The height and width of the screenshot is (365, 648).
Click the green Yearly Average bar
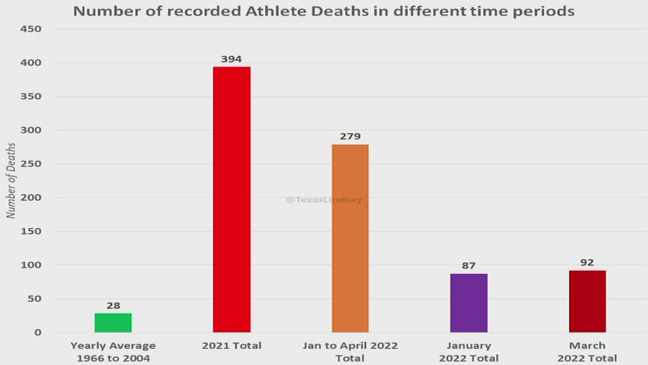coord(113,322)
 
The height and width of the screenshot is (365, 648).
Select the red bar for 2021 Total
coord(232,199)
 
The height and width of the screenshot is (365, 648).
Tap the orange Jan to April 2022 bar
coord(350,238)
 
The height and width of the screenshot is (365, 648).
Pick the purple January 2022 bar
coord(468,303)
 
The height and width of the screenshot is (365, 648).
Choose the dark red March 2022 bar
coord(587,301)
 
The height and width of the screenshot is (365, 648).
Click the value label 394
coord(232,59)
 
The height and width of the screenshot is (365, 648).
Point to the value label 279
coord(350,137)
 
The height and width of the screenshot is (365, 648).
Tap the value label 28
coord(113,306)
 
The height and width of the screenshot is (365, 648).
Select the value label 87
coord(468,266)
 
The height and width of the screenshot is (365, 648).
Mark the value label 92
coord(587,262)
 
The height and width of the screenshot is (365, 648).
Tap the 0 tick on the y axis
coord(38,333)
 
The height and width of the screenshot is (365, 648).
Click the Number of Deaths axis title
coord(11,180)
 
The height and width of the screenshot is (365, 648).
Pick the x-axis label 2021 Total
coord(232,345)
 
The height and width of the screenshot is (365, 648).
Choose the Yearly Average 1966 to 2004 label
coord(113,351)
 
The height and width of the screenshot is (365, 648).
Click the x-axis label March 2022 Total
coord(587,351)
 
